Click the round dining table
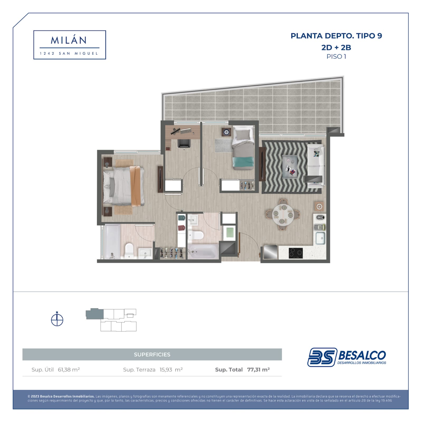(283, 215)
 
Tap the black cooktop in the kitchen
(296, 253)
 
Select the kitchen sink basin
(320, 238)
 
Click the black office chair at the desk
(184, 144)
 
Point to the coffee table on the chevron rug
(290, 167)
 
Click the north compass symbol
(57, 319)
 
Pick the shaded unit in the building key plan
(95, 314)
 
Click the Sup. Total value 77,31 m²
(258, 370)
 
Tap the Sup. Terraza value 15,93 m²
(171, 370)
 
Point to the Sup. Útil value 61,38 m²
(69, 370)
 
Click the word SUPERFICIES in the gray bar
(152, 354)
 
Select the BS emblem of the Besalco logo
(322, 357)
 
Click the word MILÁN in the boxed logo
(69, 40)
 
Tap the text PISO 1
(336, 56)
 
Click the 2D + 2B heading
(336, 47)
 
